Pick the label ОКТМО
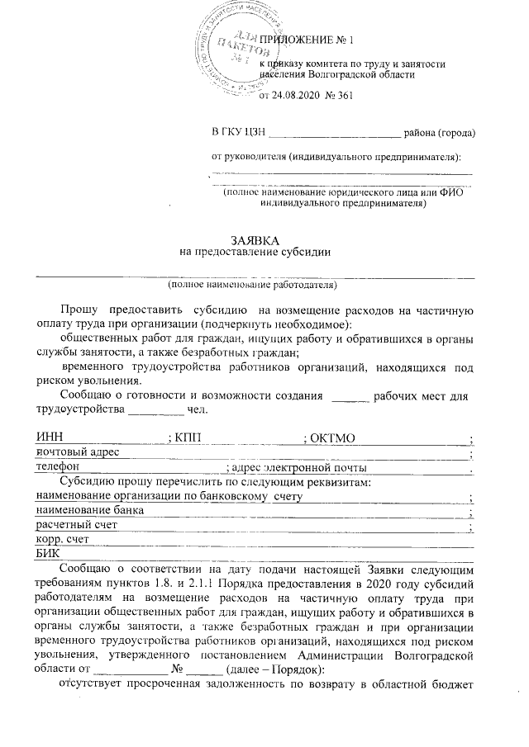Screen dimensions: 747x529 [333, 436]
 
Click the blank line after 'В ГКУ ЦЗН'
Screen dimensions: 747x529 [335, 132]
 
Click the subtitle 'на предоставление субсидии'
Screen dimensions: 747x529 [255, 253]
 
